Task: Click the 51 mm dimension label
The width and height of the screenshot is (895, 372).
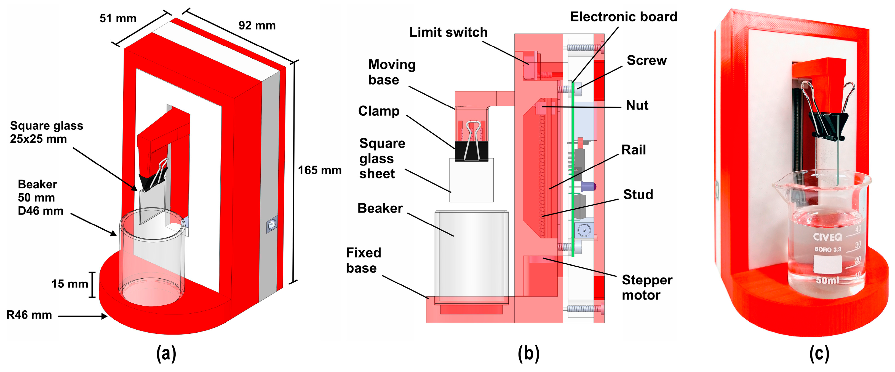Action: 118,18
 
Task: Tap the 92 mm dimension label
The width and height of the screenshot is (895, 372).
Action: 257,25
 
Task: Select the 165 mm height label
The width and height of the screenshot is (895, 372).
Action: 320,170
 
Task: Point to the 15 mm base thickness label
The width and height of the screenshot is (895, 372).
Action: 70,284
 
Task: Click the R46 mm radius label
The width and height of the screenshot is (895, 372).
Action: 29,315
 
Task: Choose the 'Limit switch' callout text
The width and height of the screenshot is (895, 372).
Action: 448,32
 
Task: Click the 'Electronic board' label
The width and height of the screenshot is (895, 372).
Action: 624,17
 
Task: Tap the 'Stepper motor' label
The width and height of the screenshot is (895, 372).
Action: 647,287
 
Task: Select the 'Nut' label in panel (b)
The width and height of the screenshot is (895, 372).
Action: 637,105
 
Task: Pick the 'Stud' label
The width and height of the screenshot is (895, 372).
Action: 638,194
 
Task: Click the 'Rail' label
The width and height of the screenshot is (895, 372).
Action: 633,150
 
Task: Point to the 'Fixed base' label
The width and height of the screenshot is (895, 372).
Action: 364,260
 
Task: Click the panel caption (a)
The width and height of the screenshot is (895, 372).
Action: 166,354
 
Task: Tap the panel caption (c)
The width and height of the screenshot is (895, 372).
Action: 819,354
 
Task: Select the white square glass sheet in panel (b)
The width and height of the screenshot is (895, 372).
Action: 471,180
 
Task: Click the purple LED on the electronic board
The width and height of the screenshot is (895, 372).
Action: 589,187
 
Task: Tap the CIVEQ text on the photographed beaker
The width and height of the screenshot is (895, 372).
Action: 828,237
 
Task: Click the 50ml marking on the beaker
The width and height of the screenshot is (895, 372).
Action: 827,280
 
